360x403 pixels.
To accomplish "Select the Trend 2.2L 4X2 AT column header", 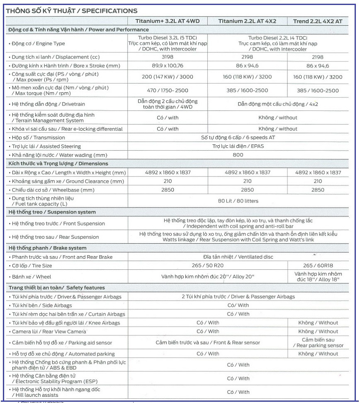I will click(317, 21).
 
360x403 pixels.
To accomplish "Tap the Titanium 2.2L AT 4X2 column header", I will click(247, 21).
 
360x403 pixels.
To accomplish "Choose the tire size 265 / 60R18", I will click(317, 266).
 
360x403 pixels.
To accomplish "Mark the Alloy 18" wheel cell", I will click(317, 277).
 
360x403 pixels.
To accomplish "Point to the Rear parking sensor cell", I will click(317, 342).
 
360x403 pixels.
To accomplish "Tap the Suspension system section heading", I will click(52, 212).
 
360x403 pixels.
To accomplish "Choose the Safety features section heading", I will click(56, 288).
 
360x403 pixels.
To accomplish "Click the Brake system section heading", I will click(48, 248).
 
